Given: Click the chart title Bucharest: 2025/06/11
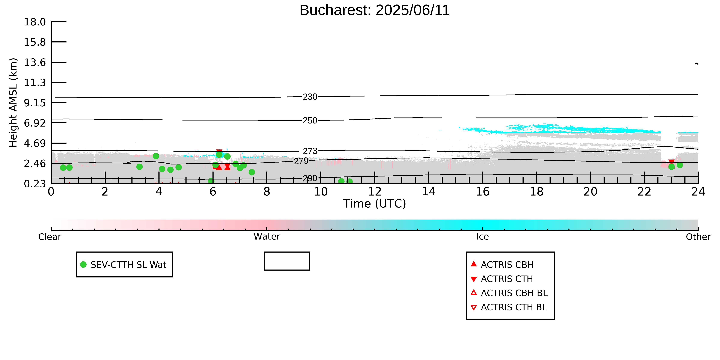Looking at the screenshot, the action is [375, 10].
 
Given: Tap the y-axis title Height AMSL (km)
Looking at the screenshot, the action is [13, 103].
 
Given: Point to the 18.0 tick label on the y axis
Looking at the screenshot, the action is [35, 22].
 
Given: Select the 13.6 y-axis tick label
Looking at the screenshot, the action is [35, 62].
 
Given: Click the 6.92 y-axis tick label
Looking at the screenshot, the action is [35, 123].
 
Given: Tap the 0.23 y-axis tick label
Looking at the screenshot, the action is [35, 184].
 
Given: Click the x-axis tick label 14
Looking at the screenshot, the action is [428, 192].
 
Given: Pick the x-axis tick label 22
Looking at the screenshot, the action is [644, 192].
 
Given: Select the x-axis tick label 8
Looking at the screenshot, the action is [267, 192].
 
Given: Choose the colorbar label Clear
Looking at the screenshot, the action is [50, 237].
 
